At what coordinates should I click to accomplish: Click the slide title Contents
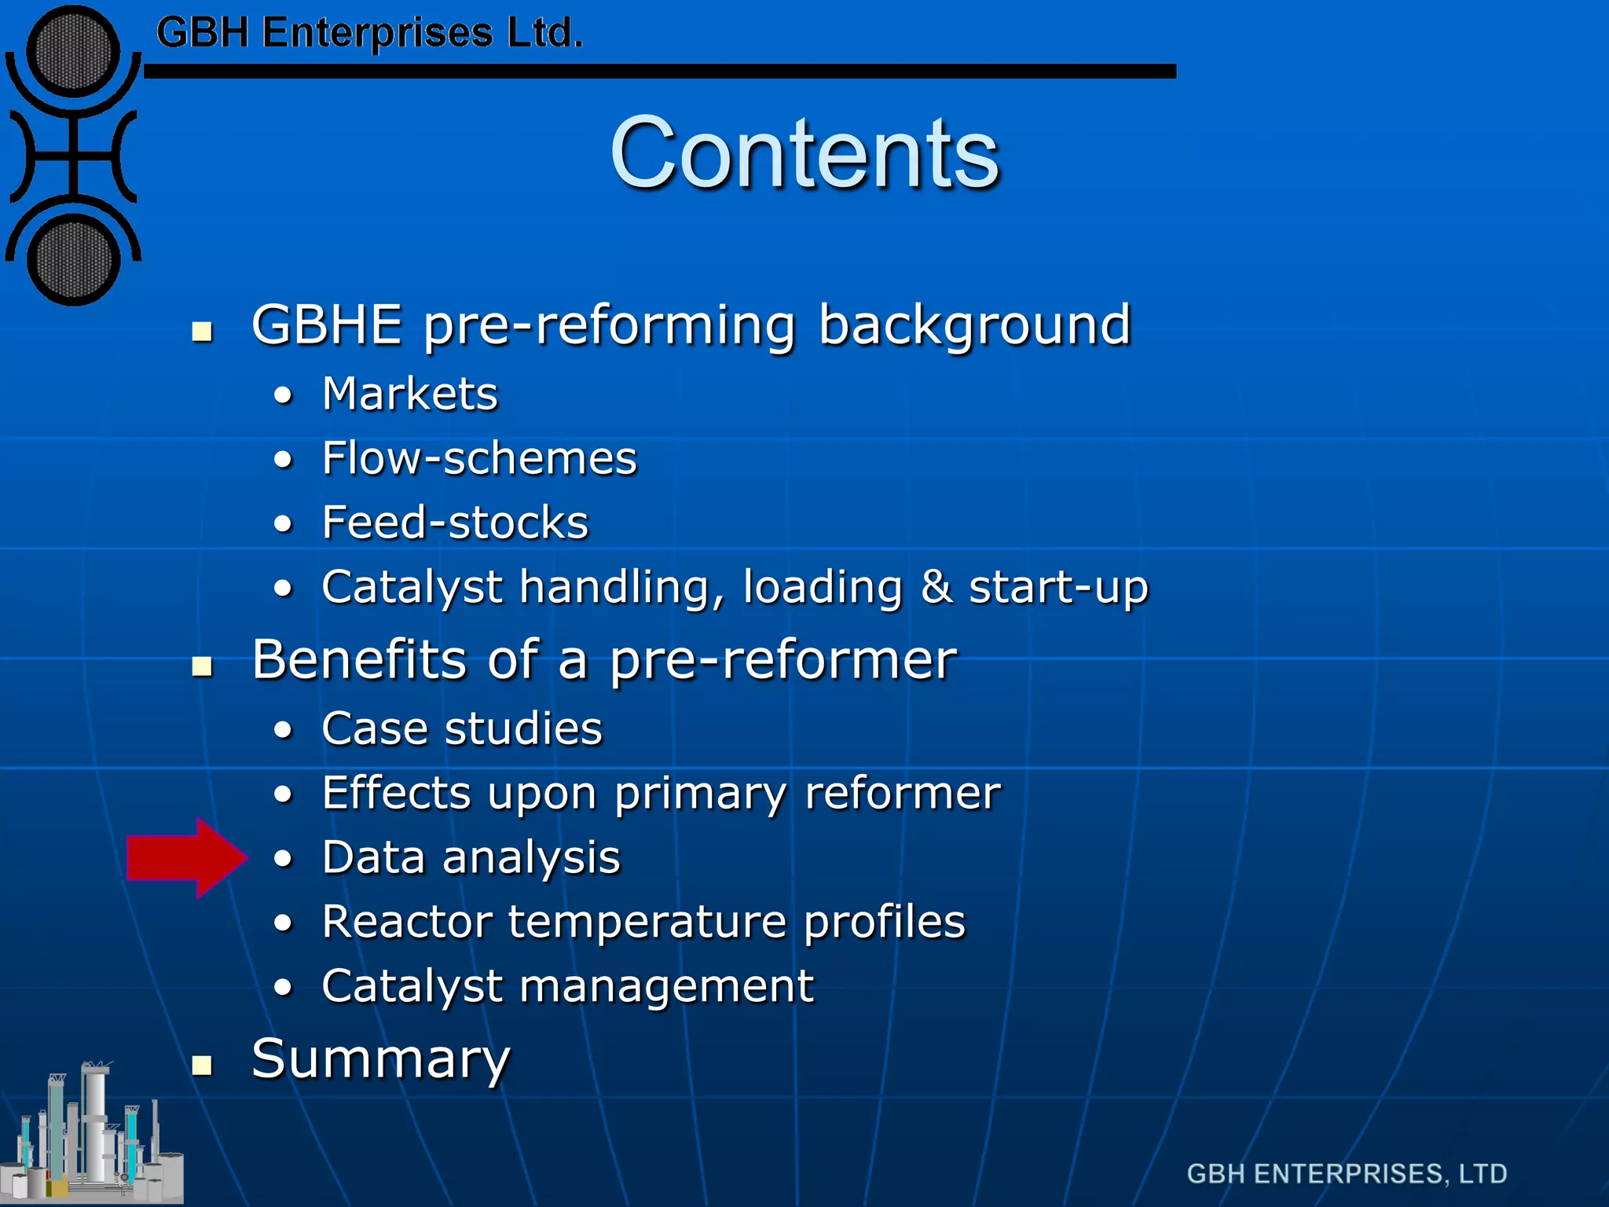click(x=804, y=152)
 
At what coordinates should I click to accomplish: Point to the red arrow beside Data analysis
click(x=185, y=857)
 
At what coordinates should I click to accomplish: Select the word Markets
click(x=410, y=394)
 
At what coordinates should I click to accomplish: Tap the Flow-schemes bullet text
click(x=479, y=458)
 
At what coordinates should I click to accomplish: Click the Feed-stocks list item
click(x=455, y=523)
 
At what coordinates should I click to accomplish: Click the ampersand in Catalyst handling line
click(x=936, y=587)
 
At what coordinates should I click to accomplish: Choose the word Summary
click(x=381, y=1060)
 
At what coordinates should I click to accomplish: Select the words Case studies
click(x=462, y=728)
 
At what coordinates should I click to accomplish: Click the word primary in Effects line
click(x=700, y=794)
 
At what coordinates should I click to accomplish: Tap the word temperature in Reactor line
click(x=647, y=922)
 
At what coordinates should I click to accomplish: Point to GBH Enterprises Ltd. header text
click(x=369, y=34)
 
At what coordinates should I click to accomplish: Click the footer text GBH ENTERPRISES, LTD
click(x=1347, y=1173)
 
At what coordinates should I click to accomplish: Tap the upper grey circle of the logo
click(x=73, y=52)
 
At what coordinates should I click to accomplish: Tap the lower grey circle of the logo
click(x=73, y=260)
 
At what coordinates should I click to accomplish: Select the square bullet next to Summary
click(x=203, y=1065)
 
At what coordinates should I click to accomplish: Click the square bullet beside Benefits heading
click(x=203, y=666)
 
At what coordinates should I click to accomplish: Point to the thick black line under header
click(x=660, y=72)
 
